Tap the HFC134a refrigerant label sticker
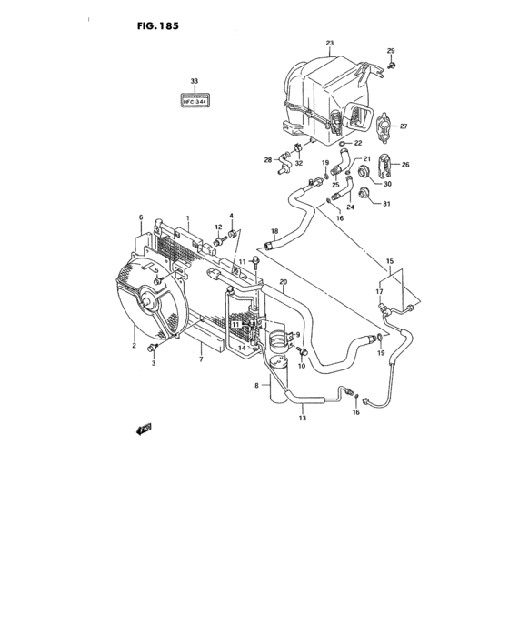coord(194,102)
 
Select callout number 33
coord(194,82)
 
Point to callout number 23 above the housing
coord(330,44)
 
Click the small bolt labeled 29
coord(390,65)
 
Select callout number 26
coord(405,165)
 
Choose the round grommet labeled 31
coord(366,193)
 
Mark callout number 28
coord(268,160)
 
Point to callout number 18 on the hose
coord(274,232)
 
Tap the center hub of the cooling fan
coord(145,299)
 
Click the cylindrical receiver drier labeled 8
coord(277,373)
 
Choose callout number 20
coord(284,282)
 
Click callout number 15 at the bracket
coord(391,261)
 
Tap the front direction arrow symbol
coord(144,430)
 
